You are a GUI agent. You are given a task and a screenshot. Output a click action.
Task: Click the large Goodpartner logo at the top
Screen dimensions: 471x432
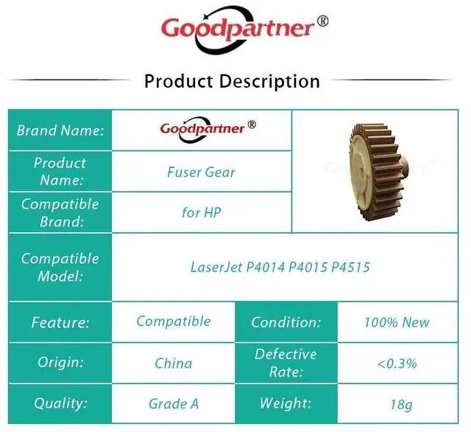(244, 29)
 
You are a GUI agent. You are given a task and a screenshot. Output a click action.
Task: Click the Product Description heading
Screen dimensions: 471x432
(233, 81)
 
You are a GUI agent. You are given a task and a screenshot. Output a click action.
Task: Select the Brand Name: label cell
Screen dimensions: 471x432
(60, 130)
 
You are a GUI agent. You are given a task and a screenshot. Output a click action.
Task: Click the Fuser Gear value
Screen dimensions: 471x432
(201, 172)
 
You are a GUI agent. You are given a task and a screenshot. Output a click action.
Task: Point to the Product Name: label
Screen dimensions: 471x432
(60, 172)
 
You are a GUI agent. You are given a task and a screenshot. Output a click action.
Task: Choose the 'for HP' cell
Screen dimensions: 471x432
(202, 212)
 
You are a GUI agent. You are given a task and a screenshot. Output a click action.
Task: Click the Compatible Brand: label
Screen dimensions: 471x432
(60, 212)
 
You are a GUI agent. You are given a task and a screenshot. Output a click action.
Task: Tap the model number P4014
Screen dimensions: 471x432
(265, 267)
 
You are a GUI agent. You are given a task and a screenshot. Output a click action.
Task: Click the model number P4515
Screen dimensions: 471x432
(350, 267)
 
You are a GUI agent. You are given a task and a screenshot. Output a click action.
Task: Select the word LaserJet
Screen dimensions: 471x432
(216, 267)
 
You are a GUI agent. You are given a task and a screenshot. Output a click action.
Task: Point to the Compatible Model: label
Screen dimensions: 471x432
(60, 267)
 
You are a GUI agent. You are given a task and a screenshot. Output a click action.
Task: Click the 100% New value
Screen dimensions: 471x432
(397, 322)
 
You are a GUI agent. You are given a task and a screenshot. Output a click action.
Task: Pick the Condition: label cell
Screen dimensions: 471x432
(286, 322)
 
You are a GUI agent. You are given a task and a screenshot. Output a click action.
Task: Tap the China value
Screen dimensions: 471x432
(174, 363)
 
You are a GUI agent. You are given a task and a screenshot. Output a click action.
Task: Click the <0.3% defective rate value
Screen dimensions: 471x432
(397, 363)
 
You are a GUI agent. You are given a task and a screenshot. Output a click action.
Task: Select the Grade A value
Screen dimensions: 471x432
(174, 404)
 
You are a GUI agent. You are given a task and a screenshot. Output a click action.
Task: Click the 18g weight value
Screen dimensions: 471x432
(401, 405)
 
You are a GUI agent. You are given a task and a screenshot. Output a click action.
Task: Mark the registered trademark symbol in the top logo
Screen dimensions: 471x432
(323, 21)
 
